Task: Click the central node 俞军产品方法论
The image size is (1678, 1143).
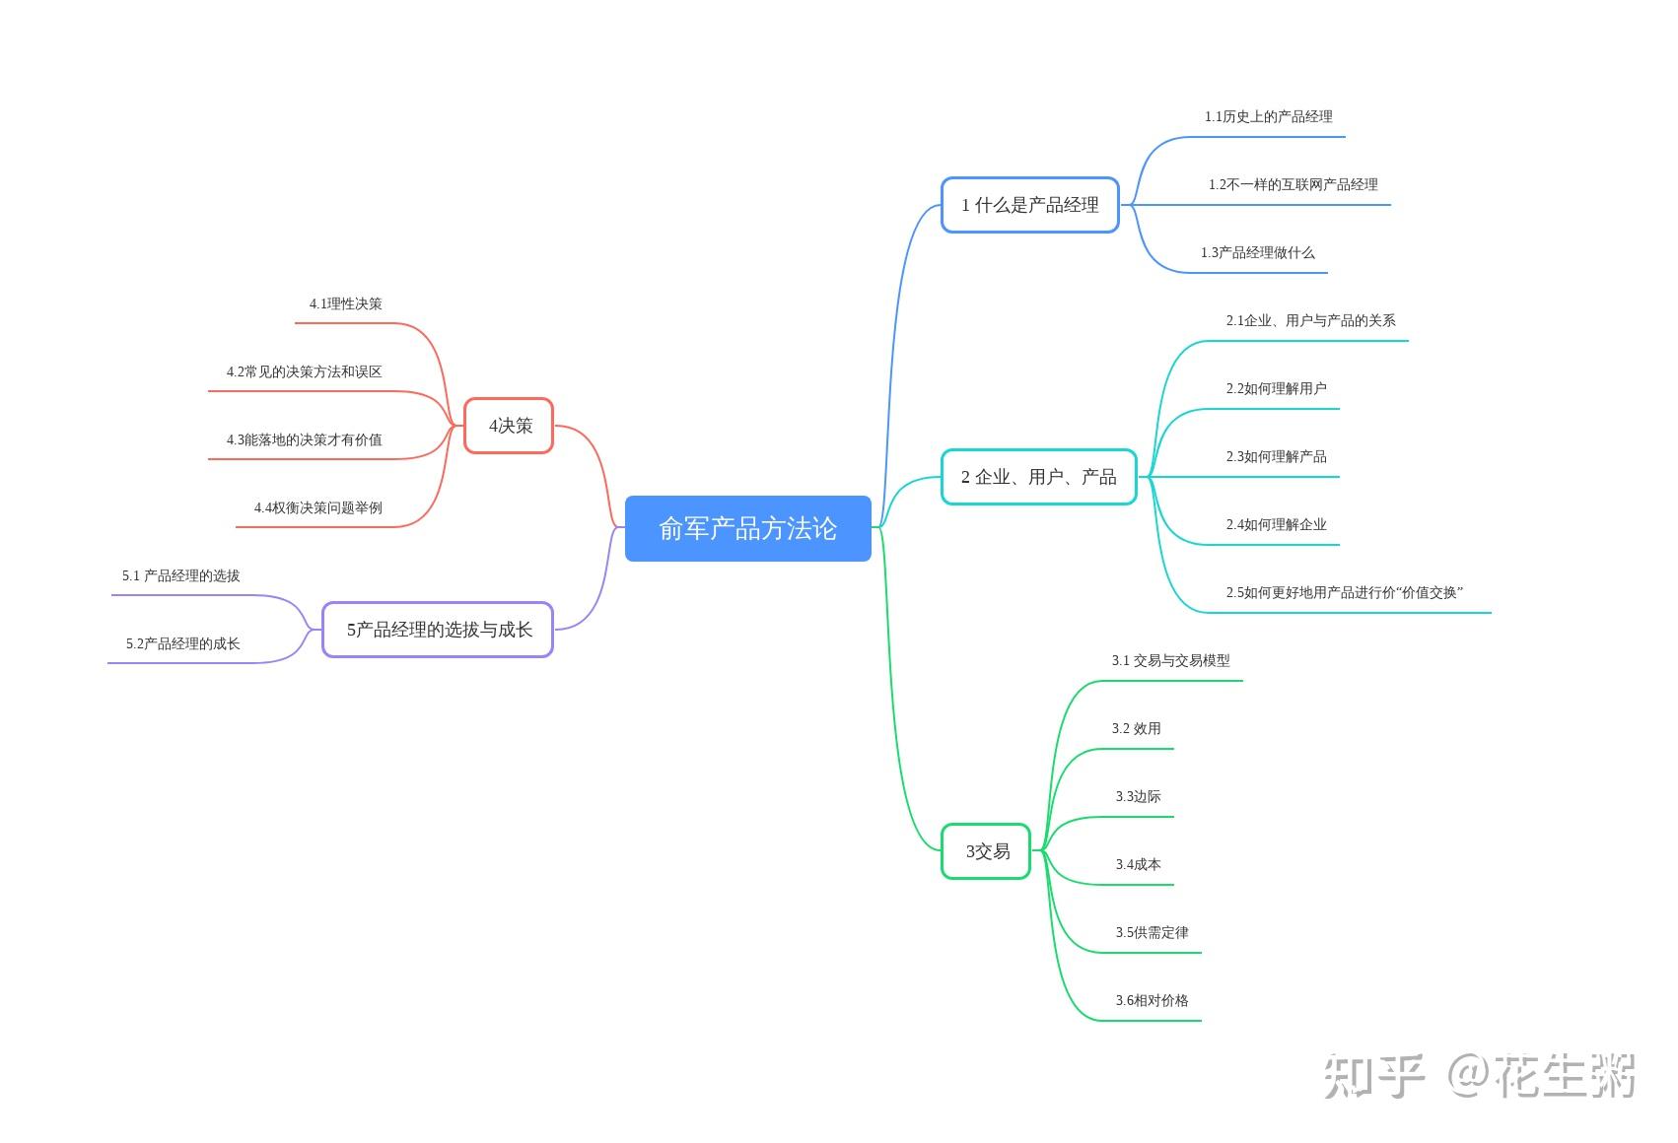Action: click(x=747, y=528)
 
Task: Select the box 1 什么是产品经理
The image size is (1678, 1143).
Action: click(x=1030, y=205)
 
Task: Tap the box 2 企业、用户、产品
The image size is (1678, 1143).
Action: click(x=1039, y=477)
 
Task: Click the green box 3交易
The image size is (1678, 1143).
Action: click(x=986, y=851)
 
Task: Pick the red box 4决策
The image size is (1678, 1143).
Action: click(x=509, y=426)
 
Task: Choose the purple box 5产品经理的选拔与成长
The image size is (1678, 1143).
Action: click(x=438, y=630)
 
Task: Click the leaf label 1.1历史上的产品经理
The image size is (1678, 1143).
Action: click(x=1268, y=117)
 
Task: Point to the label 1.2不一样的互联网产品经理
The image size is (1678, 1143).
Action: click(x=1293, y=185)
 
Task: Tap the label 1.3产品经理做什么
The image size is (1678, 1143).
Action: click(x=1258, y=253)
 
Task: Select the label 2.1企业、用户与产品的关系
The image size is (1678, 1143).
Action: click(x=1311, y=320)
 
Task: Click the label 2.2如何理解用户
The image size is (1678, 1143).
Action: click(x=1276, y=388)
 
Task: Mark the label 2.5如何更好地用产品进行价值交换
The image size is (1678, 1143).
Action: click(x=1345, y=593)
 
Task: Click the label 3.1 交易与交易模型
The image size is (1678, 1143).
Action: click(x=1171, y=660)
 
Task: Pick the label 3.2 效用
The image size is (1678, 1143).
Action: click(x=1137, y=728)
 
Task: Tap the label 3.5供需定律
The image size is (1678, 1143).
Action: click(x=1153, y=933)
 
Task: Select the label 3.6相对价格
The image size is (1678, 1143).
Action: click(x=1153, y=1001)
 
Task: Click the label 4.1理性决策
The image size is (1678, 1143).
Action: click(x=345, y=303)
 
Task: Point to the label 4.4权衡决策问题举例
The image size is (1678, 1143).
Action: click(x=317, y=508)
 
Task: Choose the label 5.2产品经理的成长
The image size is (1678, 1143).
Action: click(x=182, y=643)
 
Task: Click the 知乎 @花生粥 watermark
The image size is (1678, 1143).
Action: click(x=1480, y=1076)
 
